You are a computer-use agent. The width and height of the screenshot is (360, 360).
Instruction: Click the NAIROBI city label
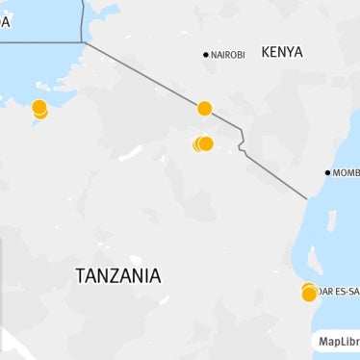(x=228, y=55)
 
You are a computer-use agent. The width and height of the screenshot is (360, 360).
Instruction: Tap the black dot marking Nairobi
(x=205, y=55)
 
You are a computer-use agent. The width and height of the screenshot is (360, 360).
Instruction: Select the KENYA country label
(x=282, y=52)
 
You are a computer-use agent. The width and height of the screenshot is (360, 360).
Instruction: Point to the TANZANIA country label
(x=117, y=276)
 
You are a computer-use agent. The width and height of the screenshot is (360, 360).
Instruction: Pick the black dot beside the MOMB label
(x=327, y=173)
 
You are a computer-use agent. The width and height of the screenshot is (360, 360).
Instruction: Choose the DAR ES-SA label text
(x=338, y=291)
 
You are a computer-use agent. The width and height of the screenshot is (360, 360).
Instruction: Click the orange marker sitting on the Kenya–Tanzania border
(x=204, y=109)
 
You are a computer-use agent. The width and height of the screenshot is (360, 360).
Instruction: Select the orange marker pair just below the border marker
(x=203, y=144)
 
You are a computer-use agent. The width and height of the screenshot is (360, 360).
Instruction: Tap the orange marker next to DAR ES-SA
(x=309, y=293)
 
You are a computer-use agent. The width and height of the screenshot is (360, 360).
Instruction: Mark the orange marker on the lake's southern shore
(x=39, y=110)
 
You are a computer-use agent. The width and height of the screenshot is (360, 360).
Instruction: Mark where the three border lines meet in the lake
(x=82, y=42)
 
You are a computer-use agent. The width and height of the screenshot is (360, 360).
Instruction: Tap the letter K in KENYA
(x=266, y=52)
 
